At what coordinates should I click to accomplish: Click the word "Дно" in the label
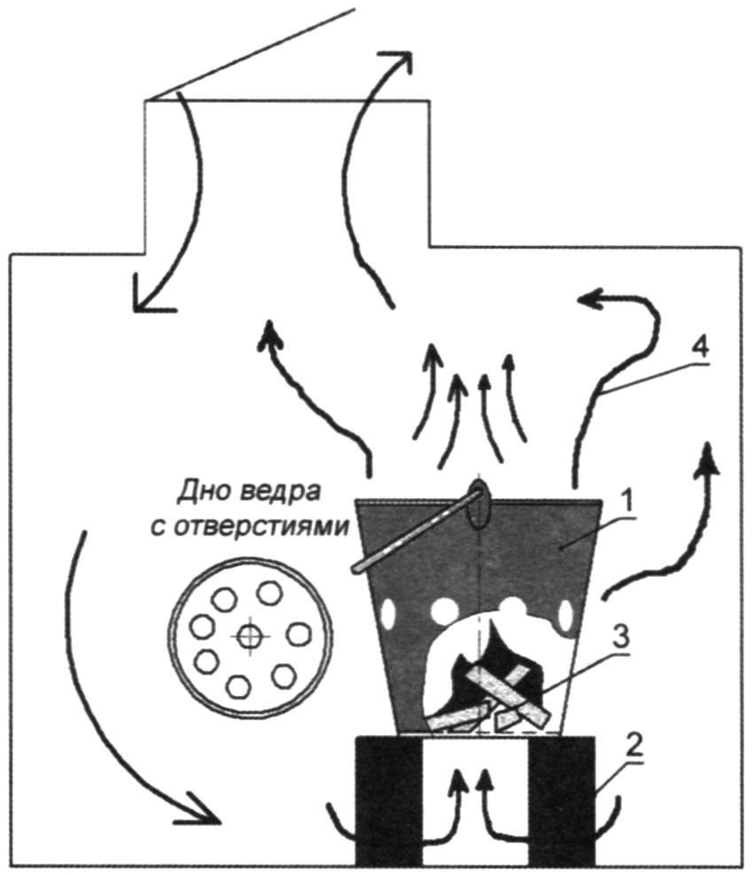pos(201,493)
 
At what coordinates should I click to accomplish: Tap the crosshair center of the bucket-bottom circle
pos(249,636)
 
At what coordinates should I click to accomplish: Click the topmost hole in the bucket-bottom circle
pos(270,592)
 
